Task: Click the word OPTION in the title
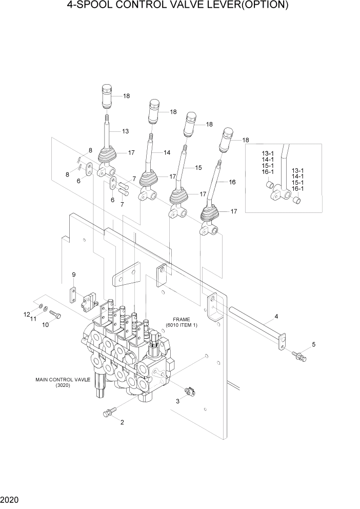click(x=260, y=6)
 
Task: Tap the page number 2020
click(x=10, y=499)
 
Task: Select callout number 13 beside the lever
click(x=125, y=131)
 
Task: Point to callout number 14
click(x=167, y=152)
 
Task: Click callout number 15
click(x=198, y=168)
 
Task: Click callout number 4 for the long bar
click(x=276, y=317)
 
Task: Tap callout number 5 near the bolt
click(x=314, y=344)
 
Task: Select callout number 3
click(x=178, y=402)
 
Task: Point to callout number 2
click(x=122, y=422)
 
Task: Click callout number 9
click(x=74, y=276)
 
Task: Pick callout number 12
click(x=26, y=314)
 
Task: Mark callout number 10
click(x=45, y=325)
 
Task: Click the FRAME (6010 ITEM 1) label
click(x=181, y=322)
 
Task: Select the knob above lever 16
click(x=226, y=140)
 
